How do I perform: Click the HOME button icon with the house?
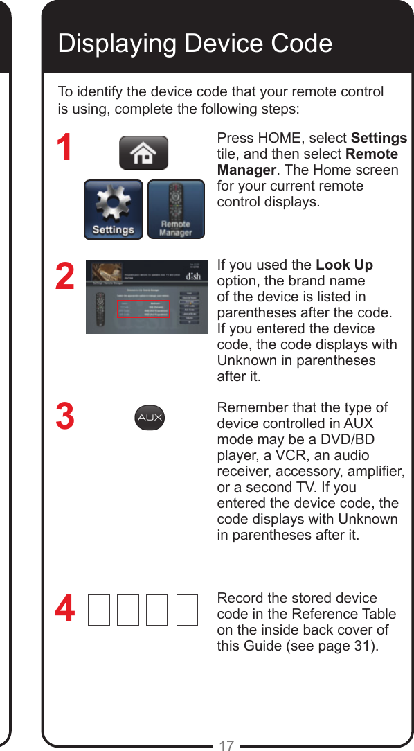[143, 153]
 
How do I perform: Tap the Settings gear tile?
[114, 209]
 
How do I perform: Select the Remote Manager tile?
[176, 209]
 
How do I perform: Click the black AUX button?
[150, 417]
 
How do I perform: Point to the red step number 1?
[65, 148]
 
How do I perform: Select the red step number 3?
[65, 418]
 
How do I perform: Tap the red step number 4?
[65, 610]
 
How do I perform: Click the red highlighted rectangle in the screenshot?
[143, 309]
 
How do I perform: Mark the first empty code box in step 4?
[99, 610]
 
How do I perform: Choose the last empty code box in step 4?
[188, 610]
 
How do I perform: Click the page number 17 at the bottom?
[226, 745]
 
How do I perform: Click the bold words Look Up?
[344, 265]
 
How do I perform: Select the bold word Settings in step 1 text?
[379, 138]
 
